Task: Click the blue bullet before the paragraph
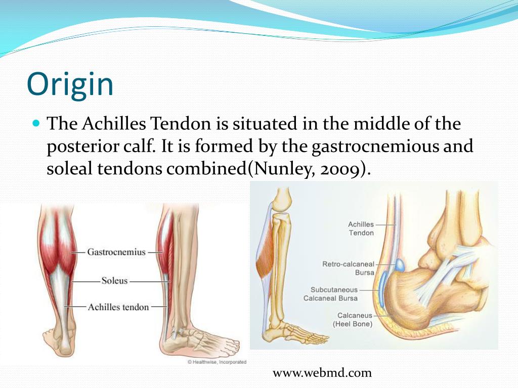coord(35,123)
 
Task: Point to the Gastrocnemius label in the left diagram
coord(116,252)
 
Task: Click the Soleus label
coord(114,279)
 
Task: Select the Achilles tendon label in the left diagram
coord(118,307)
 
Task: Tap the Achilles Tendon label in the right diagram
coord(361,228)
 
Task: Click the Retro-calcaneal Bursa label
coord(348,268)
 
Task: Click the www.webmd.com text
coord(322,373)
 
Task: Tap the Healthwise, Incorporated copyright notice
coord(217,362)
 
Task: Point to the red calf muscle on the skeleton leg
coord(264,263)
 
